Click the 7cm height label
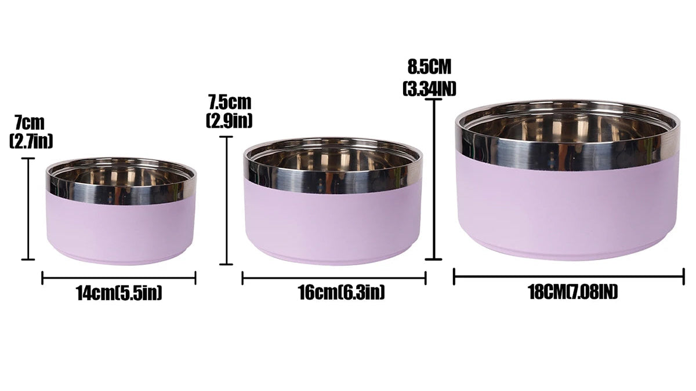[30, 123]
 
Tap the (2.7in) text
[31, 141]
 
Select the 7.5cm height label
[230, 103]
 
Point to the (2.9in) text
[230, 120]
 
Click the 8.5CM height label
[429, 67]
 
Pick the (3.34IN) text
[429, 88]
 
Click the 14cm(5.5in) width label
[119, 293]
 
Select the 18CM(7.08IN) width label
[572, 292]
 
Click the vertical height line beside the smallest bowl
[27, 209]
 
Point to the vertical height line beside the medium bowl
[226, 200]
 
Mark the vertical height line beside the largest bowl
[433, 180]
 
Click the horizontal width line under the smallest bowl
[119, 278]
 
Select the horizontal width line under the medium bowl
[334, 279]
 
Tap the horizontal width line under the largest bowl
[568, 277]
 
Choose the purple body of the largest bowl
[567, 203]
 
